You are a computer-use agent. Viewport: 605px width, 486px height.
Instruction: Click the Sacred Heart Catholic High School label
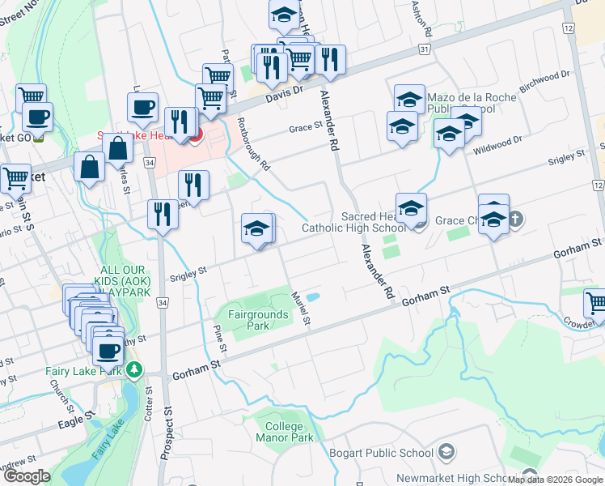pos(353,222)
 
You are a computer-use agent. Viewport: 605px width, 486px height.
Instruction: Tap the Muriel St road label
pos(302,309)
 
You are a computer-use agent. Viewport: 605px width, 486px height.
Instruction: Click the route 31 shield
pos(425,50)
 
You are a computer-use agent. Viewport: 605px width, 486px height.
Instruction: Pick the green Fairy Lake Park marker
pos(133,371)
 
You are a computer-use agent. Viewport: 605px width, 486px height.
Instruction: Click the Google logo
pos(27,476)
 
